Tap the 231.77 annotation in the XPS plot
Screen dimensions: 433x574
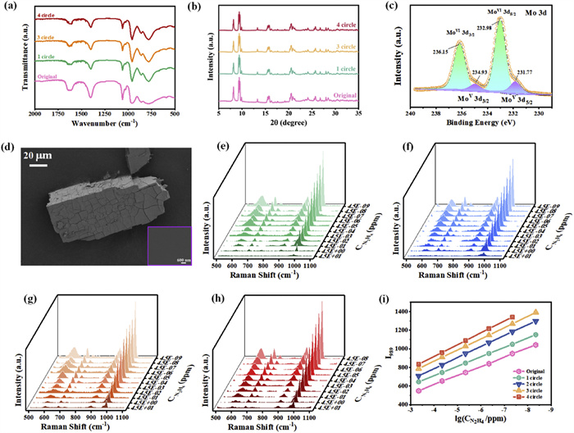(x=528, y=72)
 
